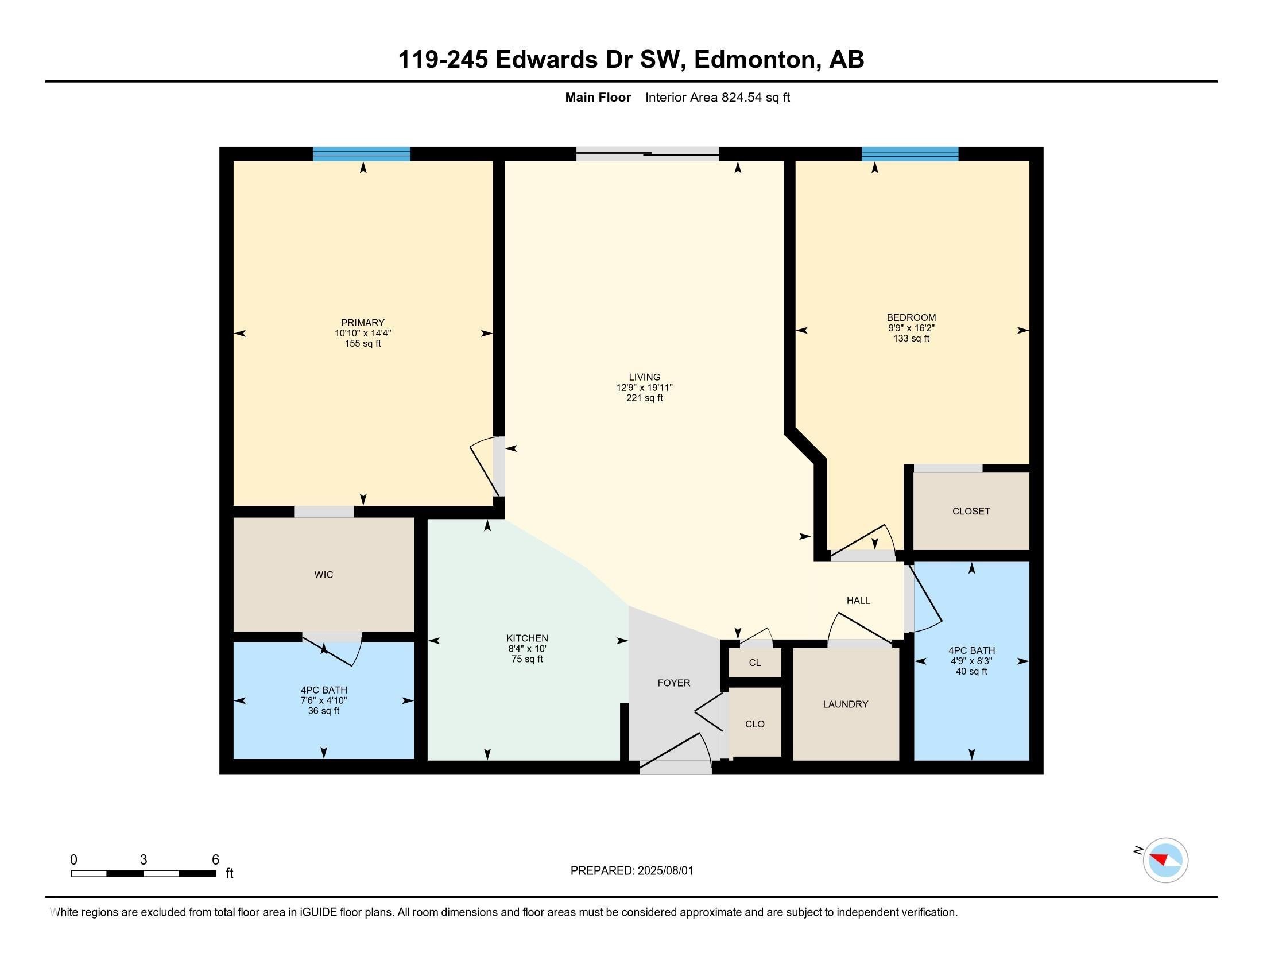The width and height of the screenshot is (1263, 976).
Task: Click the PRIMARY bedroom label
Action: (x=363, y=323)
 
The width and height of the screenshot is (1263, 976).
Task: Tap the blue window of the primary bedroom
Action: (x=362, y=154)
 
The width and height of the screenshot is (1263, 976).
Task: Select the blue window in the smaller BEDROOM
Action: (x=910, y=154)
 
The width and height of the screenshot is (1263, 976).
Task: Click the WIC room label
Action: (x=323, y=574)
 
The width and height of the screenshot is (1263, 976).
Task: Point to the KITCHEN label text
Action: (x=527, y=638)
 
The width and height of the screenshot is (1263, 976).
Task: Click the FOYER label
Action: (x=674, y=683)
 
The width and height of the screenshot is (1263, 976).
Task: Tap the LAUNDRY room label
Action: (x=846, y=704)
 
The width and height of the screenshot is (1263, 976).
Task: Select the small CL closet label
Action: (x=755, y=663)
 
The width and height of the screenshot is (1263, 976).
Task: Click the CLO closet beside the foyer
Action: (x=755, y=724)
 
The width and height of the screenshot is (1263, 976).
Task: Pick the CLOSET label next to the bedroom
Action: (x=971, y=511)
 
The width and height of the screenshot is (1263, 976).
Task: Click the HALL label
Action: (x=858, y=600)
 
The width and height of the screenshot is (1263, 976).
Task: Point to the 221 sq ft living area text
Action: (x=644, y=398)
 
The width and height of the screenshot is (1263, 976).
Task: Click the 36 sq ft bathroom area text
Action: (x=323, y=711)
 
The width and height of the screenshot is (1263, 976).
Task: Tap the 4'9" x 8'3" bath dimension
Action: (x=971, y=661)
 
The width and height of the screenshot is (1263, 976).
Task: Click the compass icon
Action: (x=1165, y=860)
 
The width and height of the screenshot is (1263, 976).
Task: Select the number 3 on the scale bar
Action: (x=144, y=860)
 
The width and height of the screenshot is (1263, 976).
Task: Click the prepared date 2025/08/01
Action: (x=665, y=871)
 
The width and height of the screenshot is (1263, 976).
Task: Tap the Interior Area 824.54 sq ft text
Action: (x=717, y=98)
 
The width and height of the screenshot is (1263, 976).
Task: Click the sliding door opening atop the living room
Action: (x=647, y=154)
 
